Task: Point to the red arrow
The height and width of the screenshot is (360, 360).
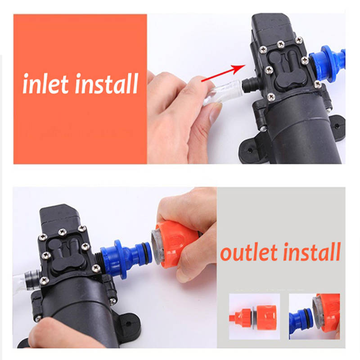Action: (x=223, y=73)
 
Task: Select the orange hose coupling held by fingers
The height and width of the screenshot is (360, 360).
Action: (x=175, y=244)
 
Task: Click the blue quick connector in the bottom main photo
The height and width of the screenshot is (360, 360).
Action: (x=126, y=259)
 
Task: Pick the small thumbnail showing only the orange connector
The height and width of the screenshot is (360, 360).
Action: (x=254, y=316)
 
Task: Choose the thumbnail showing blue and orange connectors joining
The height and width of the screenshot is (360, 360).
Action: (x=315, y=316)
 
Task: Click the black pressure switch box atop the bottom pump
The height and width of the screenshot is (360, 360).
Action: (x=60, y=218)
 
